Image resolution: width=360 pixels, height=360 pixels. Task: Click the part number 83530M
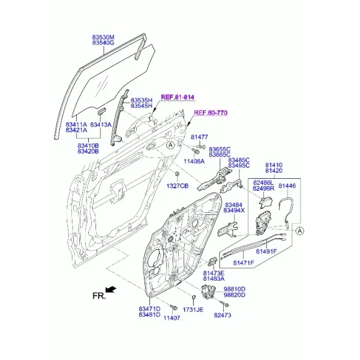103,37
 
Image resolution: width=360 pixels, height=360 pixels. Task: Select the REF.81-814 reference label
178,97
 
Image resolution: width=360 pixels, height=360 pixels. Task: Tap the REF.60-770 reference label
211,113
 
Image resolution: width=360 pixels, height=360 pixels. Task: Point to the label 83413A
101,125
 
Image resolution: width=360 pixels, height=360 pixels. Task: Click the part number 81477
199,137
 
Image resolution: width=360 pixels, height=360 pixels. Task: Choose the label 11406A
194,161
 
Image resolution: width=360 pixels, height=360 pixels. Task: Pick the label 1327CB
178,186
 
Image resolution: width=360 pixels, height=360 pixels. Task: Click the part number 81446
287,186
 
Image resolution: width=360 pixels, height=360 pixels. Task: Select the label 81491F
266,251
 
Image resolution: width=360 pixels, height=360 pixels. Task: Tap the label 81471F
244,262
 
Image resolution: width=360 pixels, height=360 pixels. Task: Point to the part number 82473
223,315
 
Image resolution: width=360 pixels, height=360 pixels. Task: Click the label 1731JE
193,310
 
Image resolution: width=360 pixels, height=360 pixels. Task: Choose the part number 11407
172,318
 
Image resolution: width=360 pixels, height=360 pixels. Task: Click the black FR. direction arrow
112,289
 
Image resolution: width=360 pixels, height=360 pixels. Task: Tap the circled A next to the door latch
299,231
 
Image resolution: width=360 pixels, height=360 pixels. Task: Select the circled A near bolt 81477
170,145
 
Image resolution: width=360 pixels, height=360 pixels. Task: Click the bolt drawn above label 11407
173,308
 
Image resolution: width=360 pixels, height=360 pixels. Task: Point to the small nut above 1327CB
177,173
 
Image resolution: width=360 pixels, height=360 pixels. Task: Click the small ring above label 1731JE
193,298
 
